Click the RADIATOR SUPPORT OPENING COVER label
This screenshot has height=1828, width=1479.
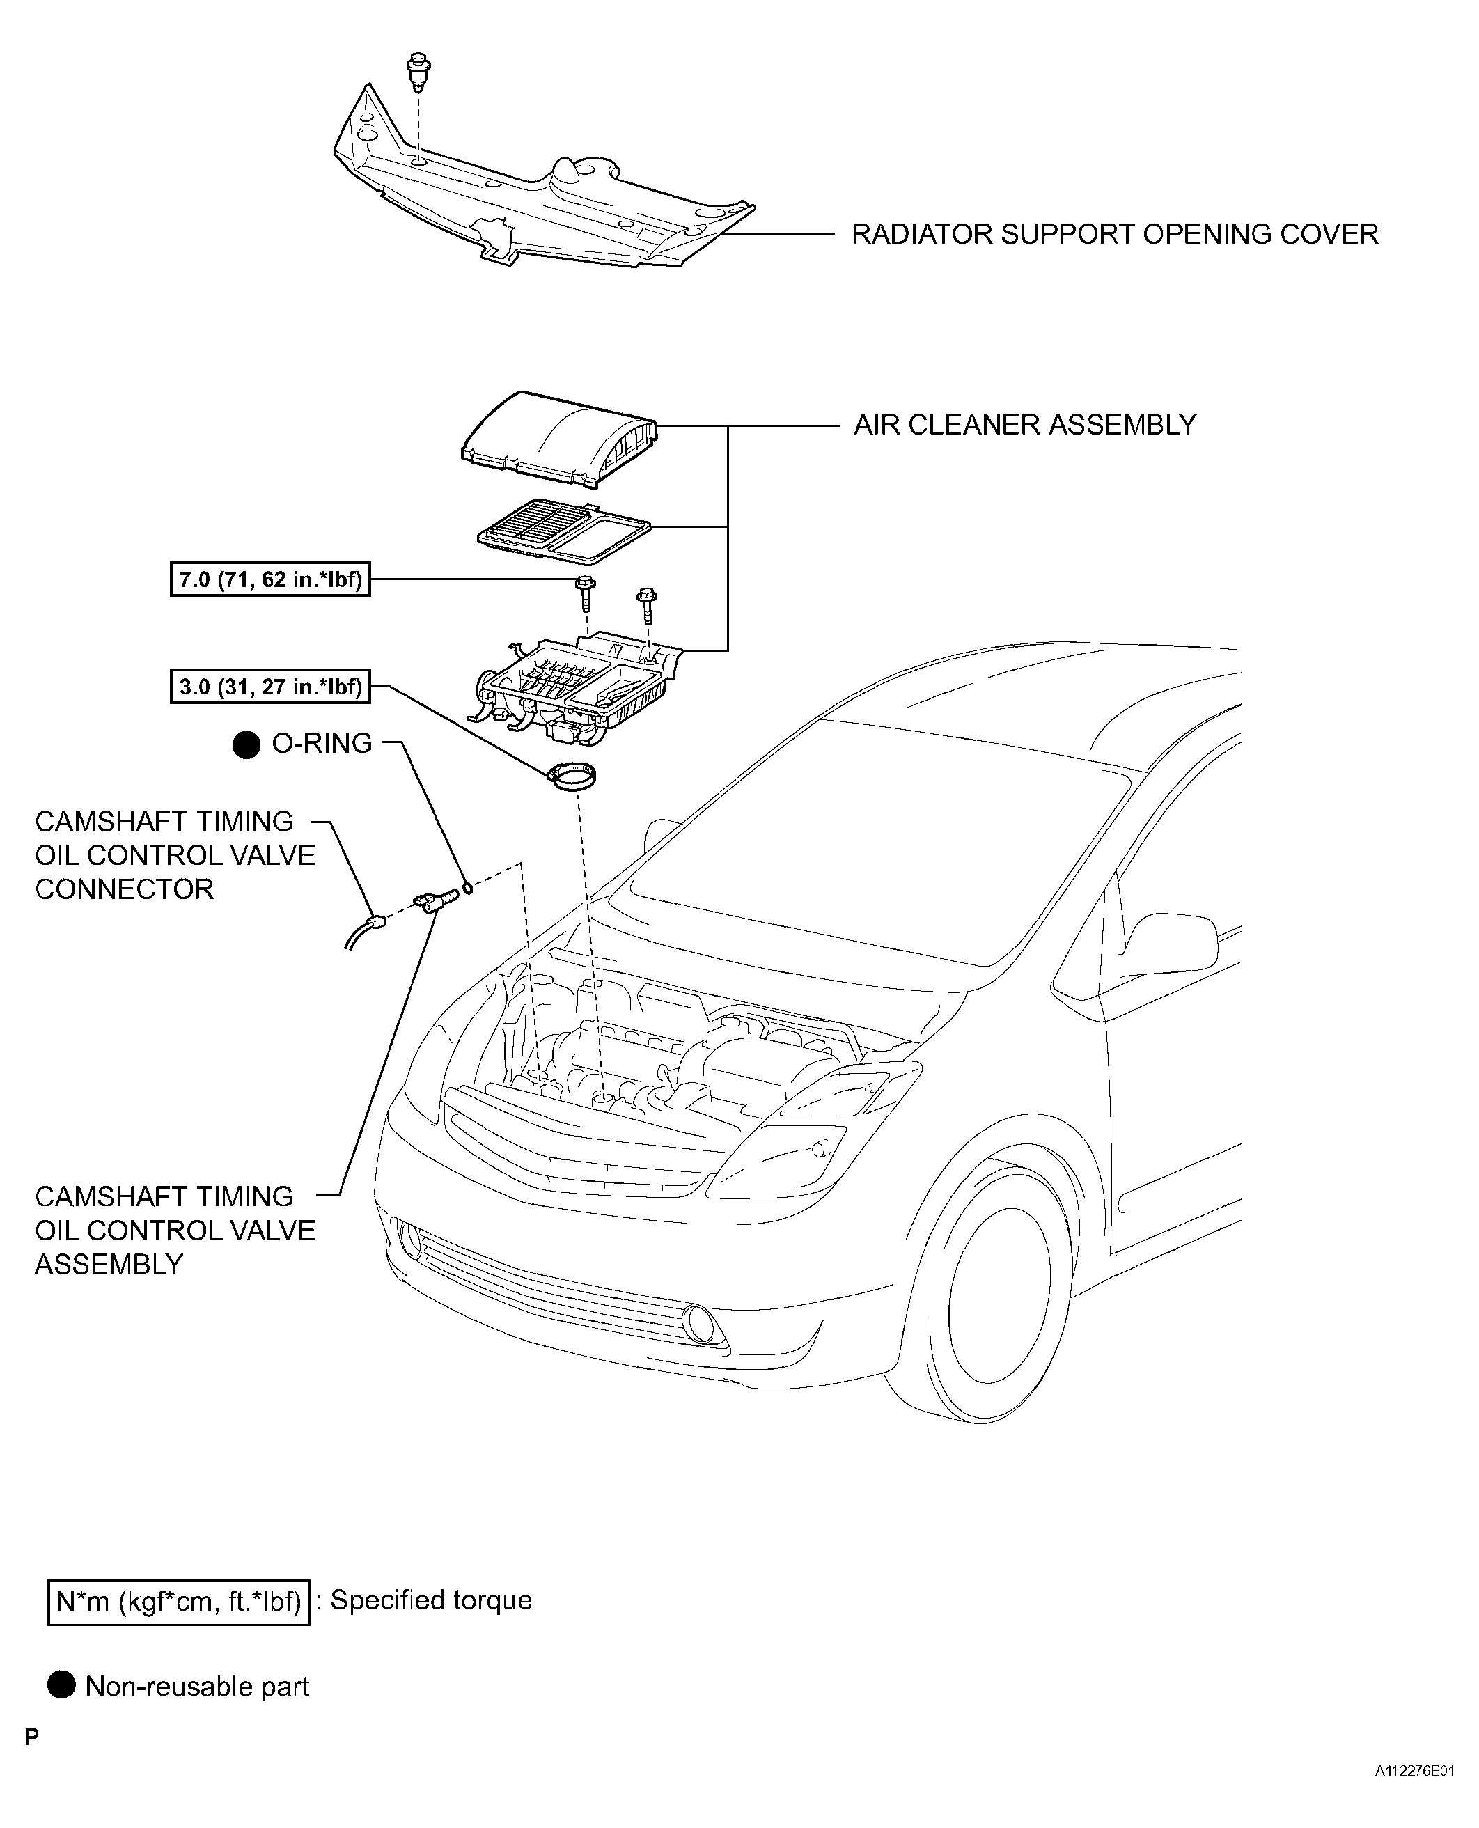point(1114,234)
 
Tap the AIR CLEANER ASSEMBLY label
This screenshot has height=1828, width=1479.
point(1025,424)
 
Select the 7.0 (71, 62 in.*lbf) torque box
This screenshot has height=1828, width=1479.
point(270,580)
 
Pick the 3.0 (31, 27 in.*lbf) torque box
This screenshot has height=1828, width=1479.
point(270,687)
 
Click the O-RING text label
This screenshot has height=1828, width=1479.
point(321,744)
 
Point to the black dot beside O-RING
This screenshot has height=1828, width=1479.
point(246,744)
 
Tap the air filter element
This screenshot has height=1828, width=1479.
point(563,531)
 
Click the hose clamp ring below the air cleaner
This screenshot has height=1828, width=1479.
point(572,778)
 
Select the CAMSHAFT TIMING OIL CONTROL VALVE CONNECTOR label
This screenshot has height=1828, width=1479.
point(175,855)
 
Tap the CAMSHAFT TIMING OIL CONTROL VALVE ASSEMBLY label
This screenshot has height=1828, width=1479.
point(175,1230)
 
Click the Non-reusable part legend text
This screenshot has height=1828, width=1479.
point(197,1687)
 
